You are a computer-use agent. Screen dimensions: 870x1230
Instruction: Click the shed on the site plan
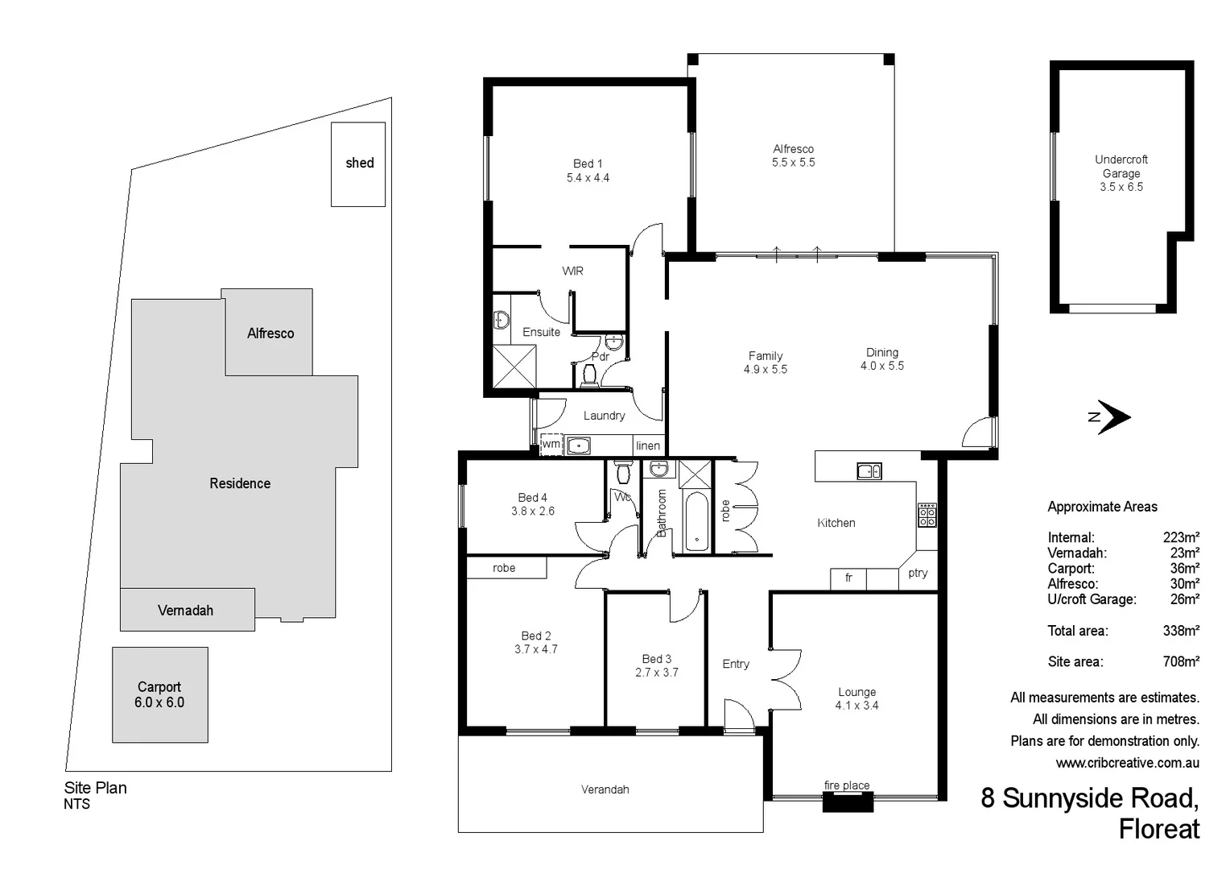pos(358,164)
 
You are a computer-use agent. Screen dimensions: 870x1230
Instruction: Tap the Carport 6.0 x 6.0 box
pos(159,694)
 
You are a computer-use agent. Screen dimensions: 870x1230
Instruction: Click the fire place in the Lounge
pos(848,800)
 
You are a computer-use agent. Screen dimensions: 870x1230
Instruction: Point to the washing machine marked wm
pos(551,444)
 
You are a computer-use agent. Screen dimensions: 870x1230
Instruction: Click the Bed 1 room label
pos(588,164)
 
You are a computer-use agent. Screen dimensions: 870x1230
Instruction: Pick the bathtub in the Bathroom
pos(696,522)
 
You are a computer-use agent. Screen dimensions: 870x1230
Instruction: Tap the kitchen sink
pos(869,471)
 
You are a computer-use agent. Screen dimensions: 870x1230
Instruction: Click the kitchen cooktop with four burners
pos(927,515)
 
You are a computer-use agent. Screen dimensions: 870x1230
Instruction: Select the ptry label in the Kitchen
pos(918,573)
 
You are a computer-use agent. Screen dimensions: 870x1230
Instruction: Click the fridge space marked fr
pos(848,578)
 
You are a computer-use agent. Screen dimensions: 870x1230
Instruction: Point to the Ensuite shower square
pos(514,367)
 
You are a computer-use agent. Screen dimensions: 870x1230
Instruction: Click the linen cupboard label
pos(648,445)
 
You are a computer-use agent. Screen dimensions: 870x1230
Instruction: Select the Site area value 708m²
pos(1181,661)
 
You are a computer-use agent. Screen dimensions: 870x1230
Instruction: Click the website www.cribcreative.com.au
pos(1127,762)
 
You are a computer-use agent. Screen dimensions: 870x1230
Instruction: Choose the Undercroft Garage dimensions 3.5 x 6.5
pos(1121,187)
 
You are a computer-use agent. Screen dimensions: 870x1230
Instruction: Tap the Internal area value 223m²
pos(1181,537)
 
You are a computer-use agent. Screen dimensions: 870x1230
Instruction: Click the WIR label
pos(572,271)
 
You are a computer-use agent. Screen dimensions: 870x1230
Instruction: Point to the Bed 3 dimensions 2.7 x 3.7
pos(656,673)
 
